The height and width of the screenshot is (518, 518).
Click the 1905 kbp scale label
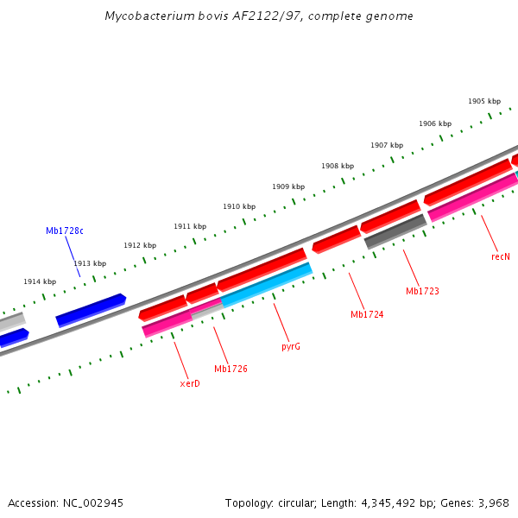point(483,101)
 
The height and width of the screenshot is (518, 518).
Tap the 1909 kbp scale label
point(288,186)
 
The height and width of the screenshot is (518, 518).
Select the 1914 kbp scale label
point(40,281)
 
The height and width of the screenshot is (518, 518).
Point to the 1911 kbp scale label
point(190,226)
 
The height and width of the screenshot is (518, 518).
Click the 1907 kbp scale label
point(387,145)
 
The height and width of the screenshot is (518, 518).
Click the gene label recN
point(501,256)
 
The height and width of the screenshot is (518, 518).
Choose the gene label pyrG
point(291,346)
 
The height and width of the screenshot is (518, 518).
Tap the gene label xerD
point(190,383)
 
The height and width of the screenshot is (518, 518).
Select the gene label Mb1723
point(422,291)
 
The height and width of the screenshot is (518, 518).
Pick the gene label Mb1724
point(367,314)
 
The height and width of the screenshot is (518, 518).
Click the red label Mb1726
point(231,369)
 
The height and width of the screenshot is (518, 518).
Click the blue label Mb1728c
point(65,231)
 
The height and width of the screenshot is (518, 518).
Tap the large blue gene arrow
point(91,309)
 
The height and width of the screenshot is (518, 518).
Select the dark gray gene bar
point(396,231)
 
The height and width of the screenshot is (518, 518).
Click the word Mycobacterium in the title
point(147,16)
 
